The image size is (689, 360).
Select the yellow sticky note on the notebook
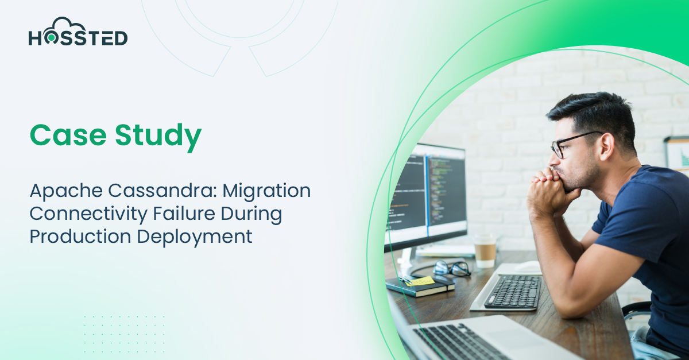(421, 281)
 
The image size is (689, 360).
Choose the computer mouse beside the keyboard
(528, 266)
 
